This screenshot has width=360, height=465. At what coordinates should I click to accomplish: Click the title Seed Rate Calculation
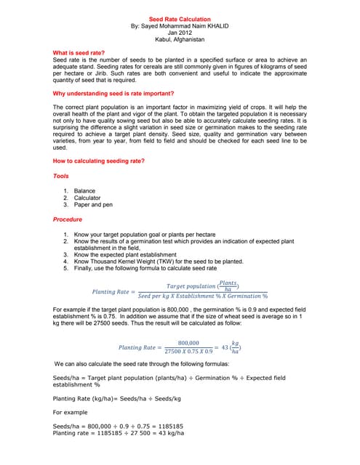point(180,19)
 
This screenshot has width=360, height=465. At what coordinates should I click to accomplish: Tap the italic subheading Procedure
point(68,219)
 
